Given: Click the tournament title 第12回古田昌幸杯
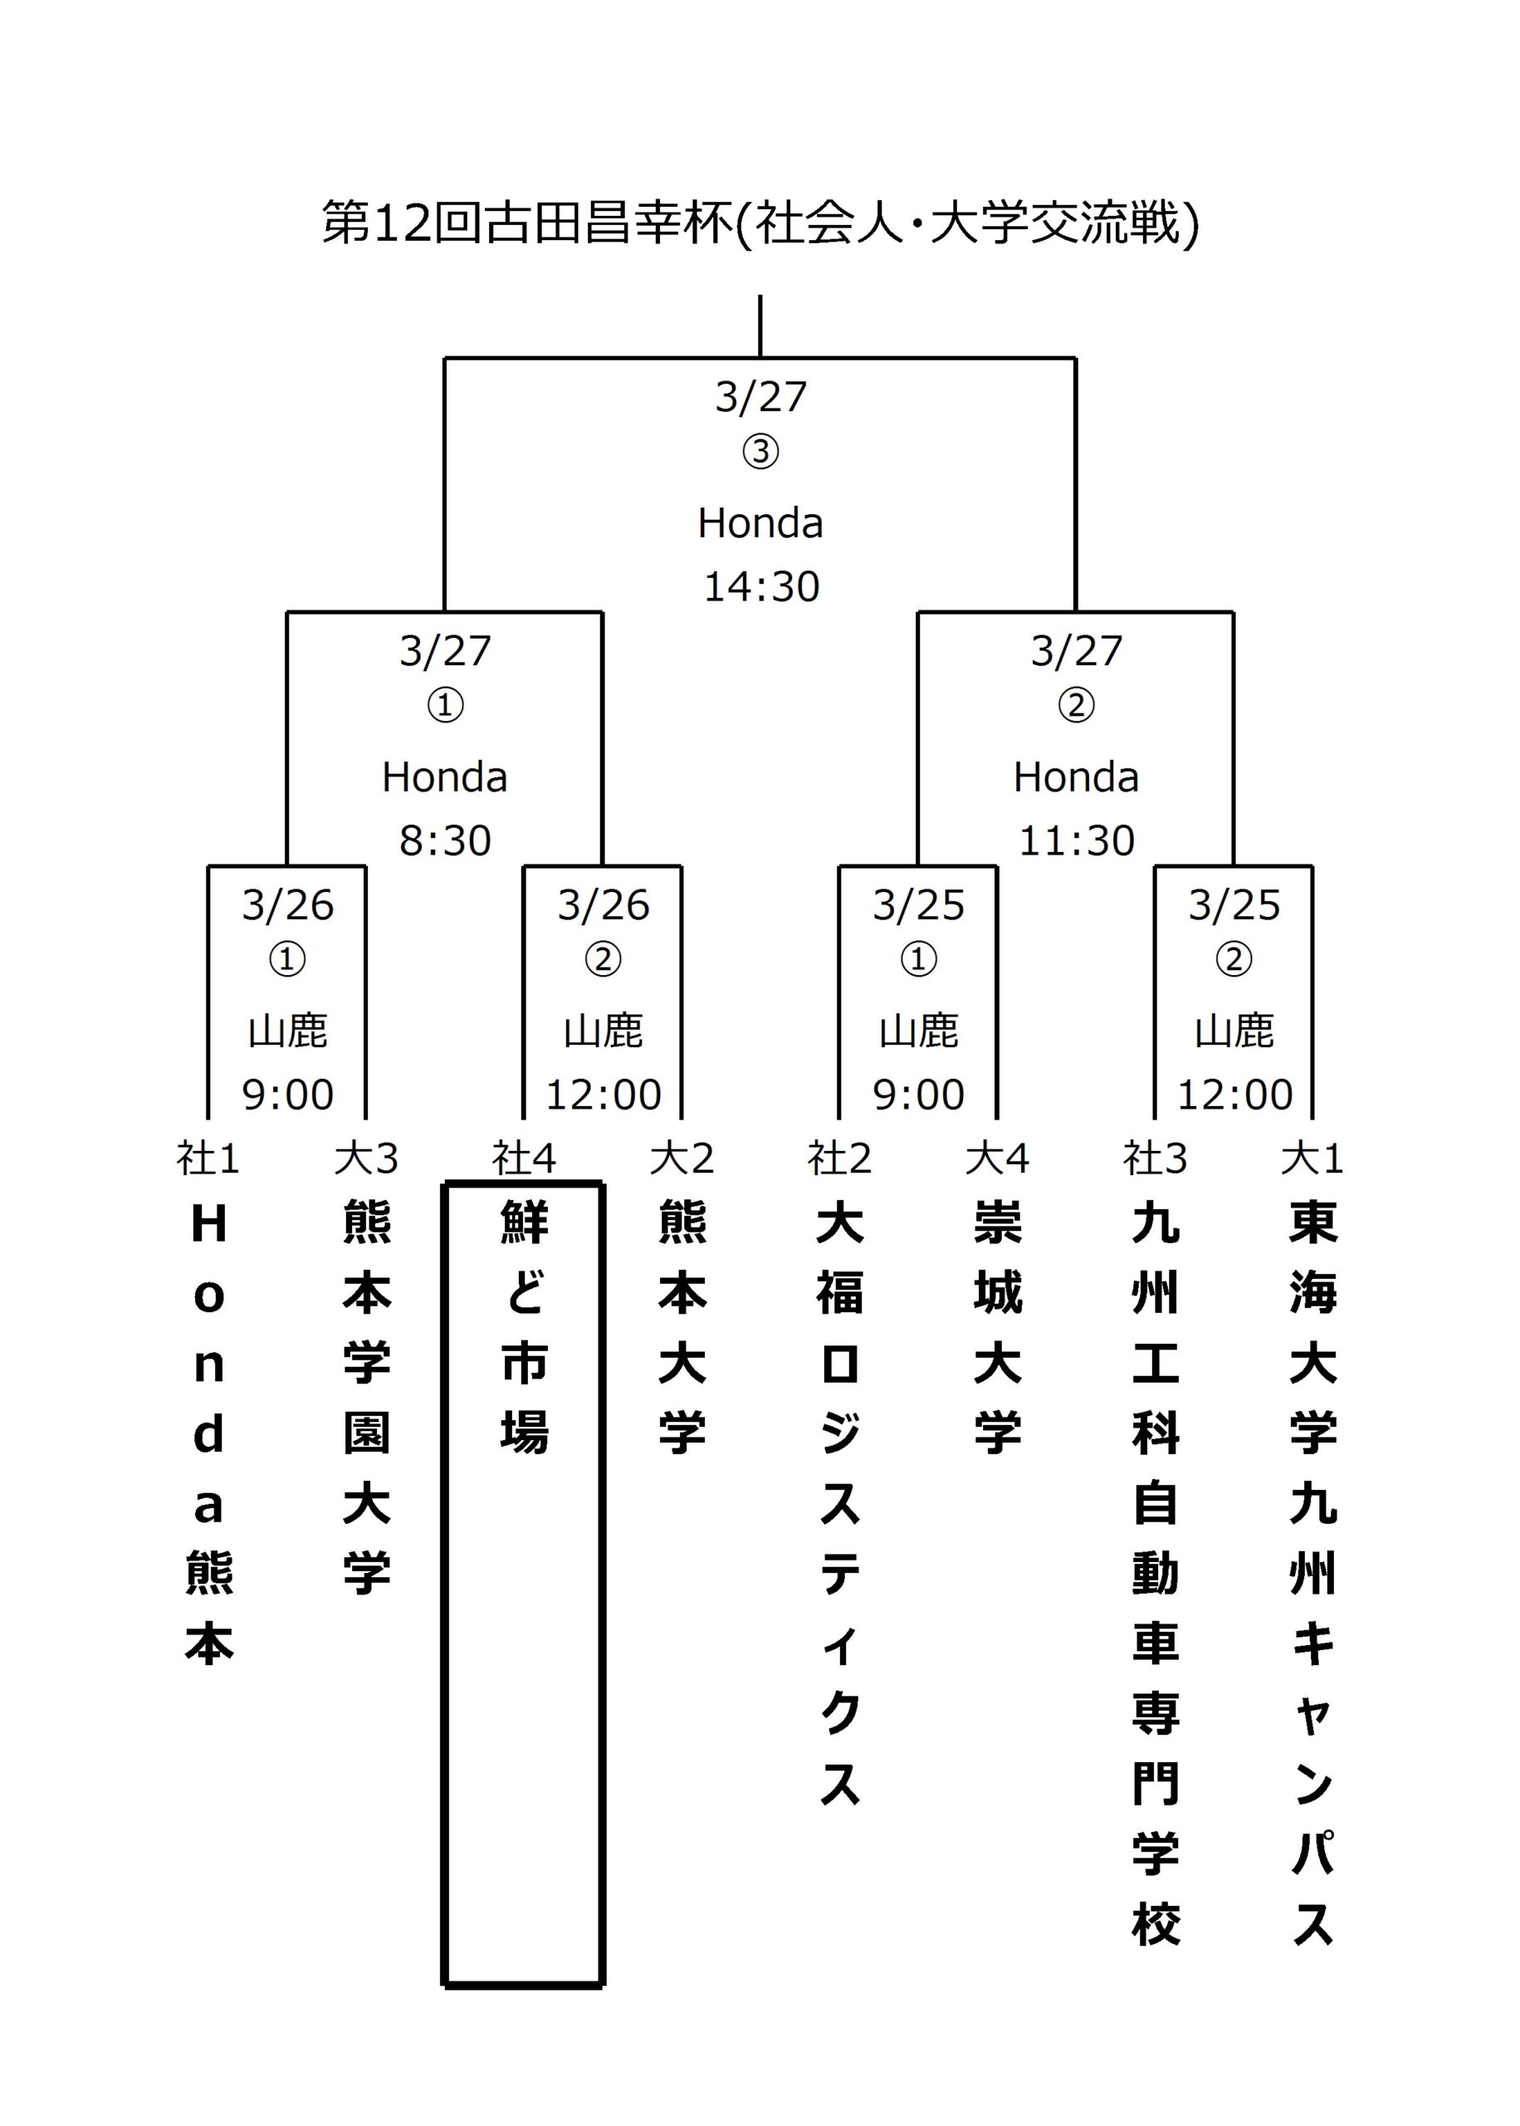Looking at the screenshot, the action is coord(527,223).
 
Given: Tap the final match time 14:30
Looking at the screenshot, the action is coord(761,587).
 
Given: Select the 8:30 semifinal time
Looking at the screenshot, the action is coord(446,840).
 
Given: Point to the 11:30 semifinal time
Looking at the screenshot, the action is coord(1077,840).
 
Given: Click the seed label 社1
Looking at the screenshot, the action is coord(208,1159).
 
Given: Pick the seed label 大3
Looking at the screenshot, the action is coord(366,1159).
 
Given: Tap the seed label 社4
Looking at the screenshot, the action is coord(524,1159).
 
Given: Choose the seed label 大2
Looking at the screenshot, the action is coord(682,1159).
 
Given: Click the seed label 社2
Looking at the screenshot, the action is coord(839,1159).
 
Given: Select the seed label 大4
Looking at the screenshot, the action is coord(998,1159).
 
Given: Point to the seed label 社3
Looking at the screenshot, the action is coord(1155,1159).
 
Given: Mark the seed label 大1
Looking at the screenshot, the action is coord(1312,1159).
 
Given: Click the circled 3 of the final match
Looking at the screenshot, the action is coord(761,452).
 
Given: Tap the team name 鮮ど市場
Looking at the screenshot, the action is coord(524,1327).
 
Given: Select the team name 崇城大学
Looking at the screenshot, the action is coord(998,1327).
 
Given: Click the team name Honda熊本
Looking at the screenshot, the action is coord(208,1433).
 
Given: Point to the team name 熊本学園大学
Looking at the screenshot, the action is coord(366,1398).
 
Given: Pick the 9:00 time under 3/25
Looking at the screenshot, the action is coord(919,1095).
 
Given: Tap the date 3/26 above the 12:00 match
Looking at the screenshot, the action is coord(604,905).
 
